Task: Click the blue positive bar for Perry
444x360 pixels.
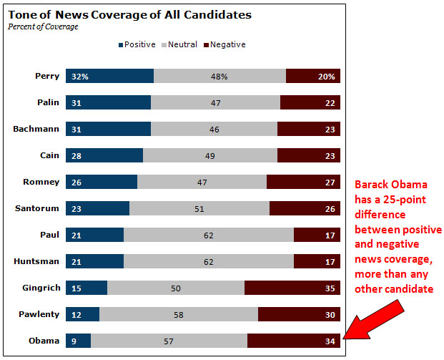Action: [x=109, y=77]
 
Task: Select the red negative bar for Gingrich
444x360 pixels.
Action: [x=292, y=288]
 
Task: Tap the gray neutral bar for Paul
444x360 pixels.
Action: [x=208, y=235]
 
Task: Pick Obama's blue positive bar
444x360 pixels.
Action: [x=78, y=341]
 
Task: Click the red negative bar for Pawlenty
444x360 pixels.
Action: [x=299, y=314]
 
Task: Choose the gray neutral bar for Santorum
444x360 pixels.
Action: [x=199, y=208]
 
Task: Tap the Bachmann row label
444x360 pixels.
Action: [x=36, y=129]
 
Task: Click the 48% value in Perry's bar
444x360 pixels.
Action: [x=219, y=77]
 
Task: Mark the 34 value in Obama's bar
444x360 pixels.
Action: [x=330, y=341]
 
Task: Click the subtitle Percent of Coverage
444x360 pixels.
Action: [x=43, y=27]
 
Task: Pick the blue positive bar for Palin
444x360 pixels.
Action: [x=108, y=103]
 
